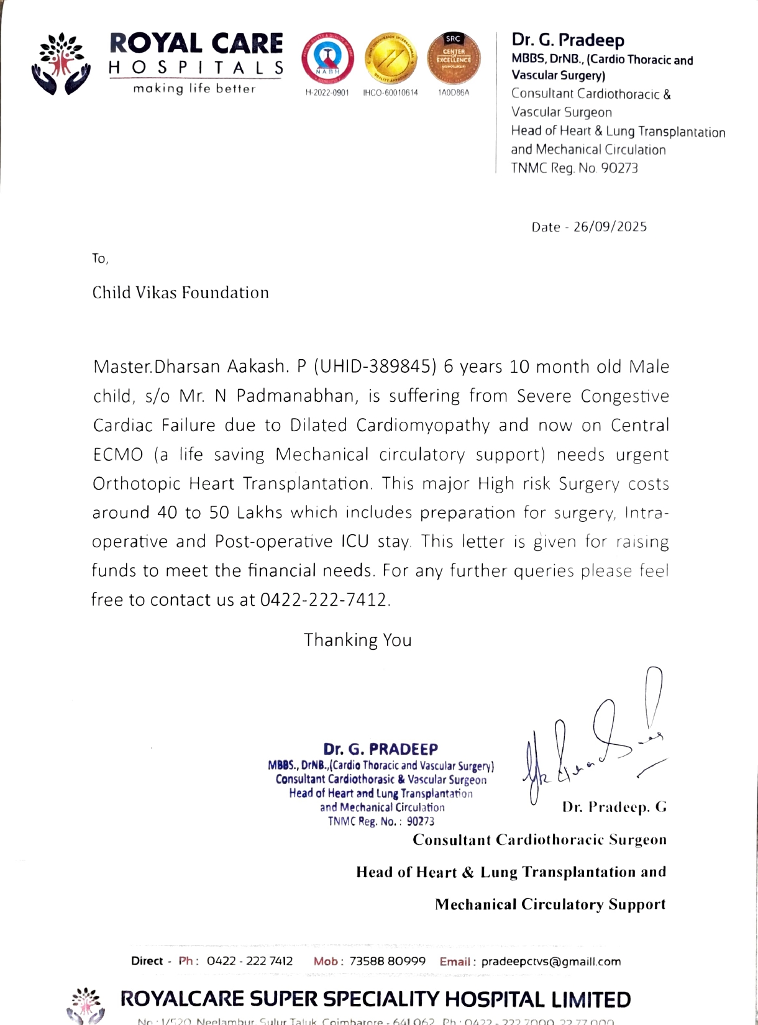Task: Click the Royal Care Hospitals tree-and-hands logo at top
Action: point(61,64)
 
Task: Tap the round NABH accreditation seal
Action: point(327,59)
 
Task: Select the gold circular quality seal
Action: point(390,59)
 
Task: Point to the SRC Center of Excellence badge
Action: point(454,58)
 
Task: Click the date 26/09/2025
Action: point(610,227)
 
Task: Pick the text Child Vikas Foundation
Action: point(180,293)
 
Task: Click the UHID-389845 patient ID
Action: point(375,367)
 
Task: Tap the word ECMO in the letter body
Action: point(118,455)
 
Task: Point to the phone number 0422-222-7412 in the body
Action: point(323,600)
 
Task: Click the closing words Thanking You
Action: point(357,640)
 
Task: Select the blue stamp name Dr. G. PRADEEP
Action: point(380,749)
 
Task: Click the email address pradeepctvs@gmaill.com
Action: point(550,962)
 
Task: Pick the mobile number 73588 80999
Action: point(388,961)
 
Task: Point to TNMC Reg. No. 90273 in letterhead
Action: point(574,168)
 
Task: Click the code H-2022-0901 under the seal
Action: point(327,93)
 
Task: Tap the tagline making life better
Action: point(194,89)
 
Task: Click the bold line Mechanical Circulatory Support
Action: point(550,904)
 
